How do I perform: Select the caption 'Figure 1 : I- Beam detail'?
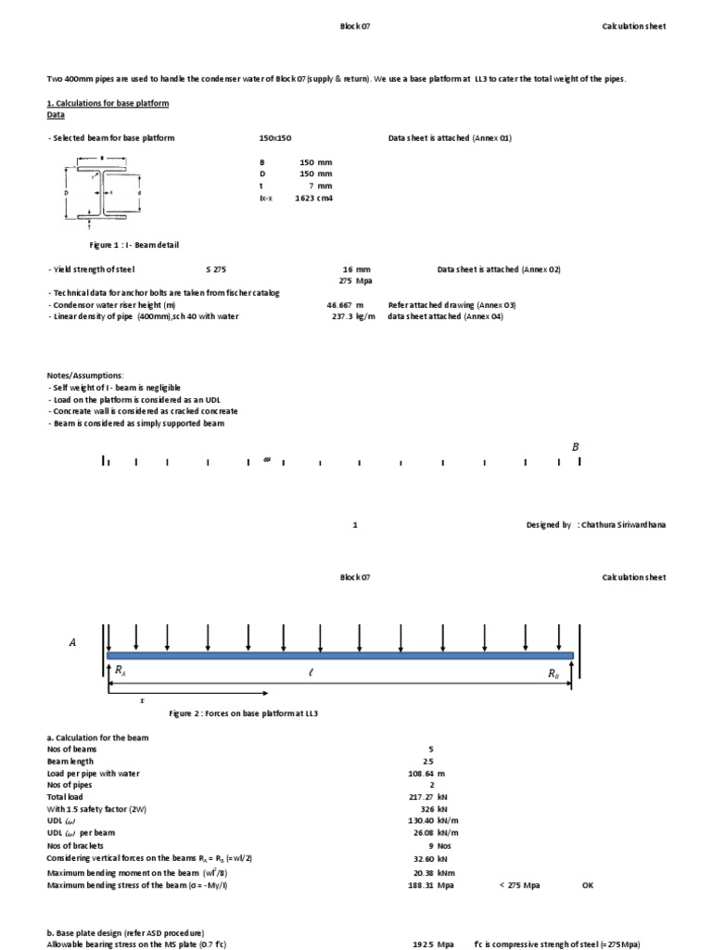point(133,245)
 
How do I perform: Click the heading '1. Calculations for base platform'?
point(108,103)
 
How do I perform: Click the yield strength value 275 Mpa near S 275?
point(357,280)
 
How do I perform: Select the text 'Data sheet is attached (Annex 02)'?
point(499,269)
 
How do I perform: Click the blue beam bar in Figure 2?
point(340,655)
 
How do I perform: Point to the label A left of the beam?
point(72,641)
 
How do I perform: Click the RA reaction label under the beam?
point(121,670)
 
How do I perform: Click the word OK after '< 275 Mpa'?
point(588,885)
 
